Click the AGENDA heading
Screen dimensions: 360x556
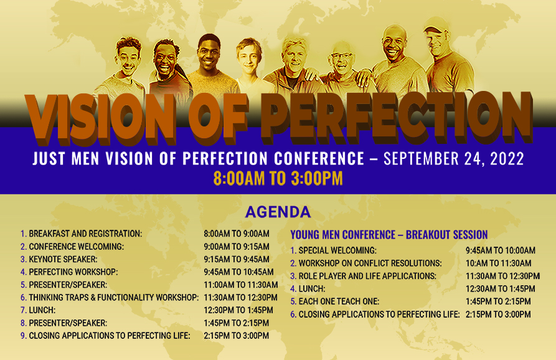click(278, 212)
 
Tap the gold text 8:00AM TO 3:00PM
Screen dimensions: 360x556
click(278, 178)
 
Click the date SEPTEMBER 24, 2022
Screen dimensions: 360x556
click(453, 158)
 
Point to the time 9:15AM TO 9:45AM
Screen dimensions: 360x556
click(237, 259)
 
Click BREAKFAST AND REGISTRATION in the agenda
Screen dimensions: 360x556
click(85, 234)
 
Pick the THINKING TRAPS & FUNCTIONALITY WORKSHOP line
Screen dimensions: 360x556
click(113, 297)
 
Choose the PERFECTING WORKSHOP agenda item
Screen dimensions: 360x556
click(73, 272)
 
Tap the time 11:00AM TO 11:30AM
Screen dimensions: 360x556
click(241, 285)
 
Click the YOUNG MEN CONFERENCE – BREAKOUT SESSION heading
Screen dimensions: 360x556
click(389, 235)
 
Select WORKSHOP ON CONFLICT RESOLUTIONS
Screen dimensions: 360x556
click(370, 263)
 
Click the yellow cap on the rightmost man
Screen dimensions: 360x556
click(436, 28)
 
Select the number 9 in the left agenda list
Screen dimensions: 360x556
click(22, 336)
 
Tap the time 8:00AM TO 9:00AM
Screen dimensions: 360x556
click(237, 234)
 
